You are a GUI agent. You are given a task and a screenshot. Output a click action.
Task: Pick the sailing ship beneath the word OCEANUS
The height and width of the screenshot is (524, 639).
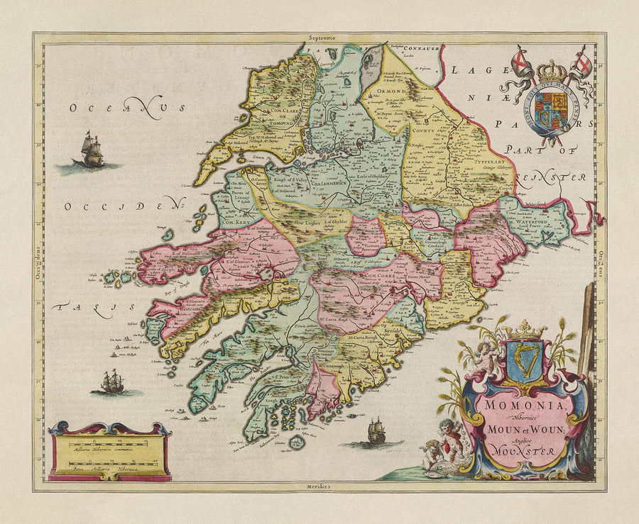89,151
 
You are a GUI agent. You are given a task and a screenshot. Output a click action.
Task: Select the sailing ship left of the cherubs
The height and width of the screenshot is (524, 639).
375,431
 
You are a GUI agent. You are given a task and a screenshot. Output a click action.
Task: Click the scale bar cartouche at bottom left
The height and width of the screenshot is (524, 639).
110,452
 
